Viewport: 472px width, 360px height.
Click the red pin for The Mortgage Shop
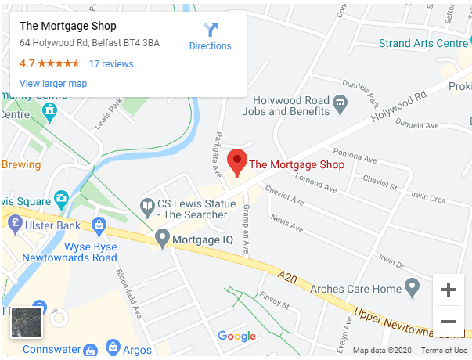237,162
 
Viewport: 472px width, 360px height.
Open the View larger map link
53,84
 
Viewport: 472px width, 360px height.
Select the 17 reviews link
111,64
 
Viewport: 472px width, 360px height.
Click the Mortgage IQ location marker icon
162,237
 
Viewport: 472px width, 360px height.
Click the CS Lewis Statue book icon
146,207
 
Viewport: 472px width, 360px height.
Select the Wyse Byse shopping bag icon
99,227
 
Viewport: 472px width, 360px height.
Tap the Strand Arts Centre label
423,43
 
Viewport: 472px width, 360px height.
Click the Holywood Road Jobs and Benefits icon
340,103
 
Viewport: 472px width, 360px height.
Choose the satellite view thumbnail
26,322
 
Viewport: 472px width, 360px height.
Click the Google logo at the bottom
236,337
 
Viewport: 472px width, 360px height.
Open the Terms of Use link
444,351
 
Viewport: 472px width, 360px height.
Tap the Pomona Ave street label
351,152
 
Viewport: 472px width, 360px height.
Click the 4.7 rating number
27,64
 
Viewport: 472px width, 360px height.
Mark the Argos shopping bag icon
113,347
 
